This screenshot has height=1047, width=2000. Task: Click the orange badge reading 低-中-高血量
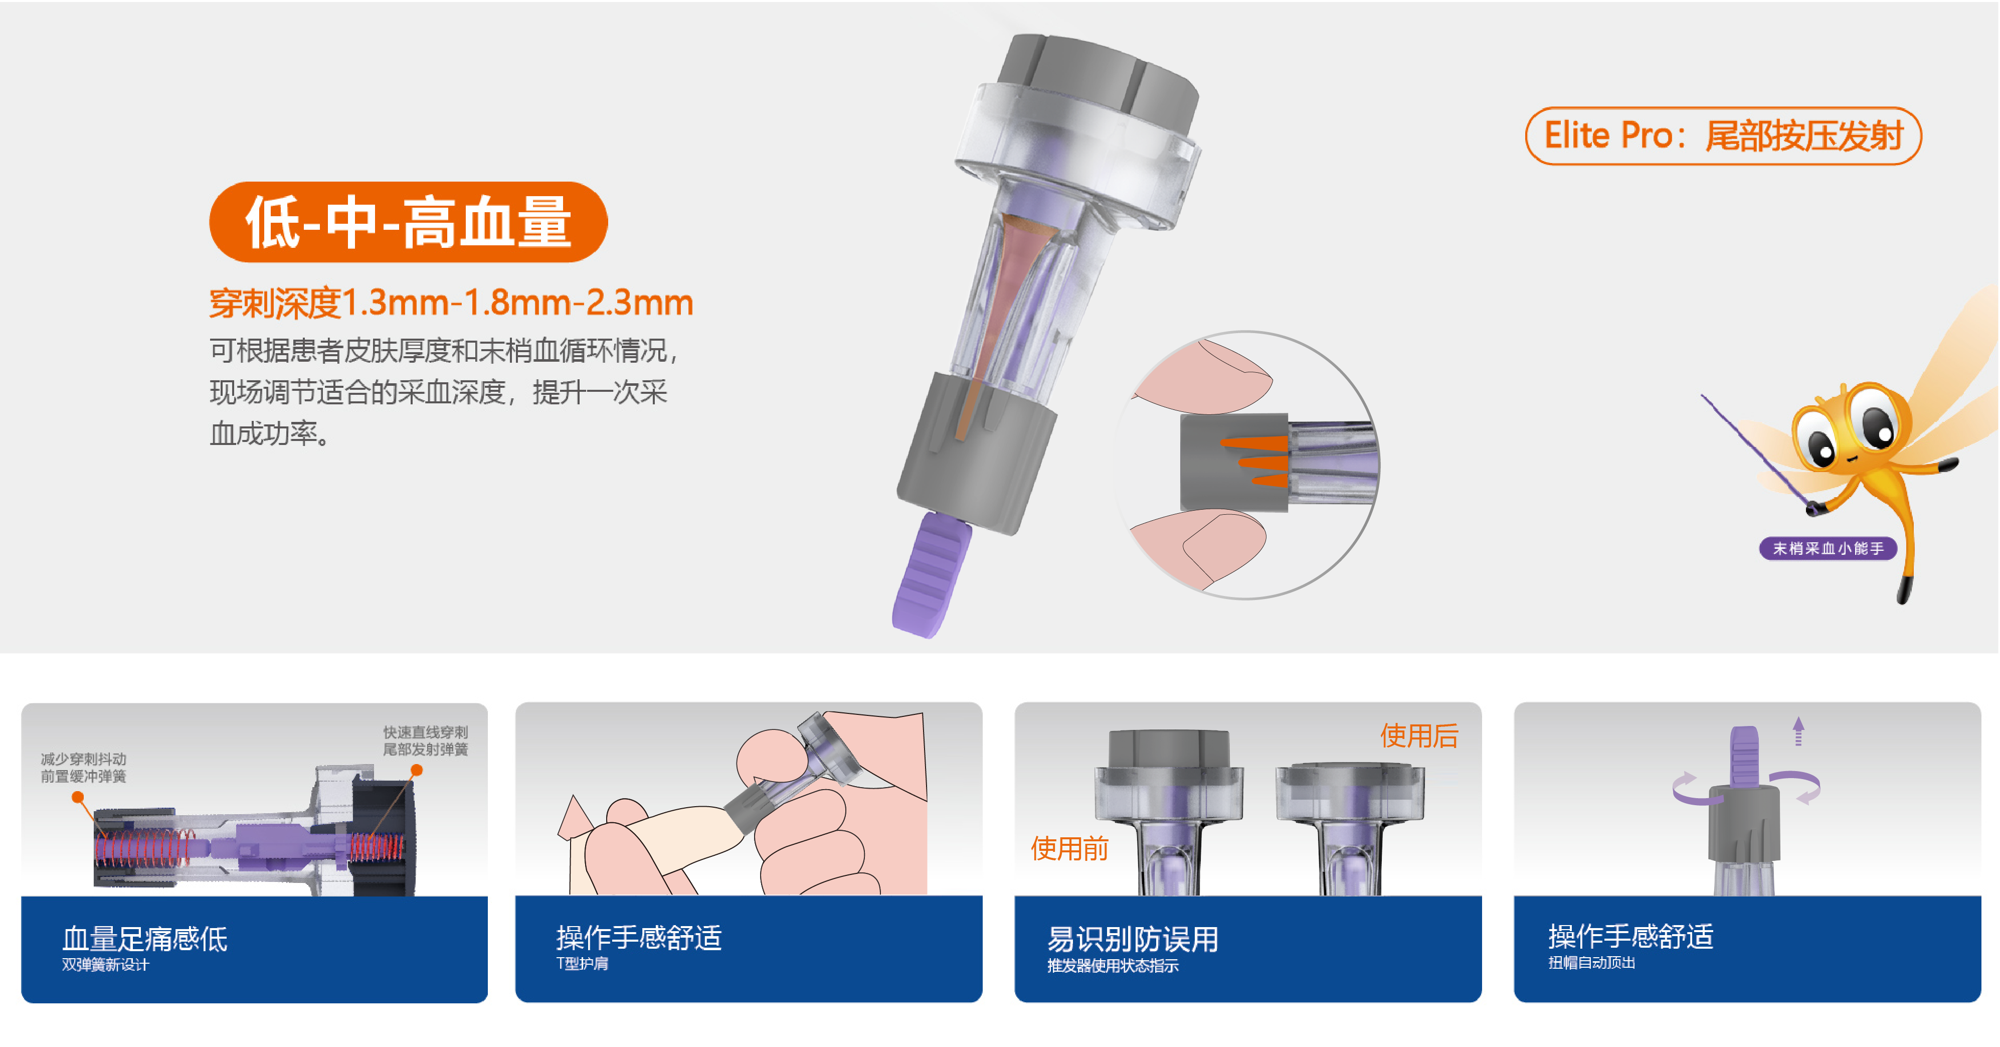click(x=409, y=222)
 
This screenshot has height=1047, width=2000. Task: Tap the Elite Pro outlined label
click(x=1723, y=136)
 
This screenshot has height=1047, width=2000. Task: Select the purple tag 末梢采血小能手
click(x=1828, y=548)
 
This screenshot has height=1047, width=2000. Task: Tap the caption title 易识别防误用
click(x=1133, y=939)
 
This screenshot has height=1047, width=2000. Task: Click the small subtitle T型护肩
click(x=582, y=964)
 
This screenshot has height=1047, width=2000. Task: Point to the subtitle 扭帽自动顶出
click(x=1591, y=963)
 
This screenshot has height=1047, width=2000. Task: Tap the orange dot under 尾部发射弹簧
click(x=417, y=770)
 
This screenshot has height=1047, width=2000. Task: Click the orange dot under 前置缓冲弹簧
click(x=78, y=797)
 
